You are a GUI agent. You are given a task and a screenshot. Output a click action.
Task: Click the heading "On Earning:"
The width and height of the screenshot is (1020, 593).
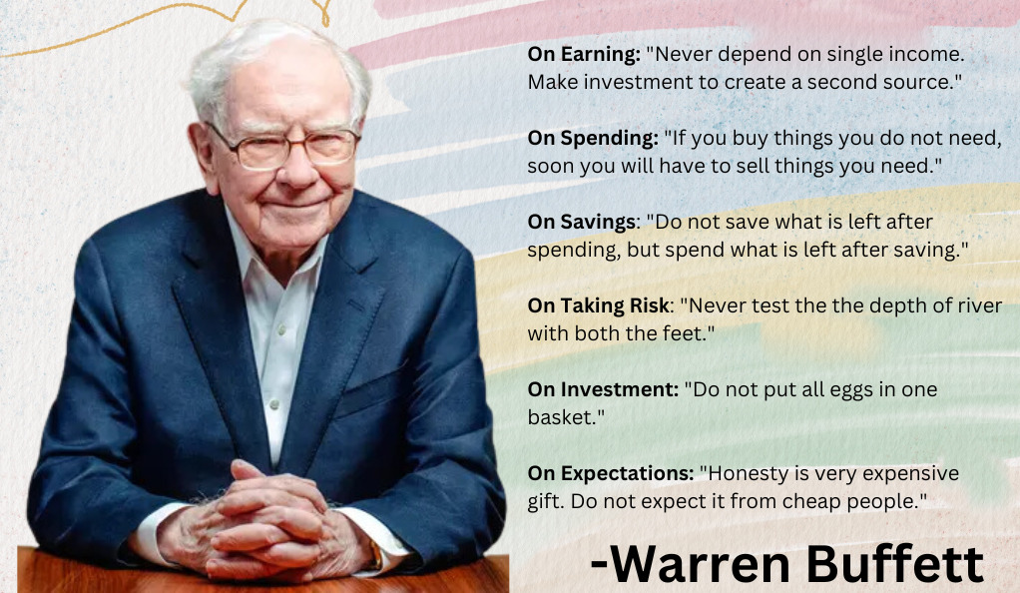[x=584, y=54]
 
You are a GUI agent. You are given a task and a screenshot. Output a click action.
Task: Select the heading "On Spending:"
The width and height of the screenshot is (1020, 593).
[x=593, y=138]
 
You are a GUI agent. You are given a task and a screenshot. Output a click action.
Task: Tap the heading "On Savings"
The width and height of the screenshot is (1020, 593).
[x=582, y=222]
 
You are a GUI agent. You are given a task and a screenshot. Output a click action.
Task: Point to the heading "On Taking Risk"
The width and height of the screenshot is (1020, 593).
[x=599, y=305]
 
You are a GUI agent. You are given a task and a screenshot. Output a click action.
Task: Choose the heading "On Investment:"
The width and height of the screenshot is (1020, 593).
[x=604, y=389]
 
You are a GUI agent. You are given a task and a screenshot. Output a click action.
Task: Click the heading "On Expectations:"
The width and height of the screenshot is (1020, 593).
[x=611, y=473]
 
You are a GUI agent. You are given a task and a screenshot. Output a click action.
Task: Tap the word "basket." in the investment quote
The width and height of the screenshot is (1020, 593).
[x=566, y=417]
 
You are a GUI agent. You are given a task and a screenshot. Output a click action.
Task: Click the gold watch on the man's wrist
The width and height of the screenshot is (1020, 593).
[x=374, y=554]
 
